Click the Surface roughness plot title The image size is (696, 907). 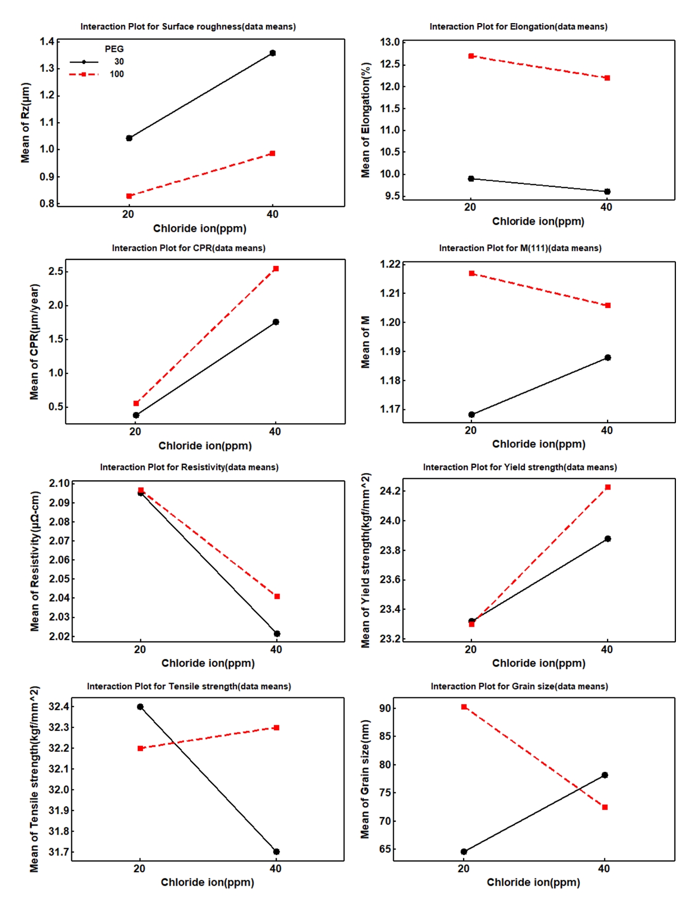[188, 27]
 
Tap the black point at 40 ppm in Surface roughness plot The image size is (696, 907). [272, 53]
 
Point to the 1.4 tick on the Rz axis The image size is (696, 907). [47, 42]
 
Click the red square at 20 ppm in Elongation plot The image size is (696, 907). [471, 56]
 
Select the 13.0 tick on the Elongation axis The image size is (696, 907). [390, 42]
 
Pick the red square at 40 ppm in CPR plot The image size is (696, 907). [276, 269]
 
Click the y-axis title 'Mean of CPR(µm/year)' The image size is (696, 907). [34, 342]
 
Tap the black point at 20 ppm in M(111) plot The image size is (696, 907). [471, 414]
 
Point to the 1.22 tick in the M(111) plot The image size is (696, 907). [390, 264]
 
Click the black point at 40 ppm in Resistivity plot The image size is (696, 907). [277, 634]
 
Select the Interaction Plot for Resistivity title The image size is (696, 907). [189, 467]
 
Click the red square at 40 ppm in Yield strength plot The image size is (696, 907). [608, 487]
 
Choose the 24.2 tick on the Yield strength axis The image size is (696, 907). [390, 491]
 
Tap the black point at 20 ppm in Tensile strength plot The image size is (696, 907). [140, 707]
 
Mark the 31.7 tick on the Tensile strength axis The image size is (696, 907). [58, 852]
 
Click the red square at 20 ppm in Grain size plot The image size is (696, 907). [464, 707]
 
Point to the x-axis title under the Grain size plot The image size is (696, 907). [533, 882]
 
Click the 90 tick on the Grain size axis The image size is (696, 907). [386, 708]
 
